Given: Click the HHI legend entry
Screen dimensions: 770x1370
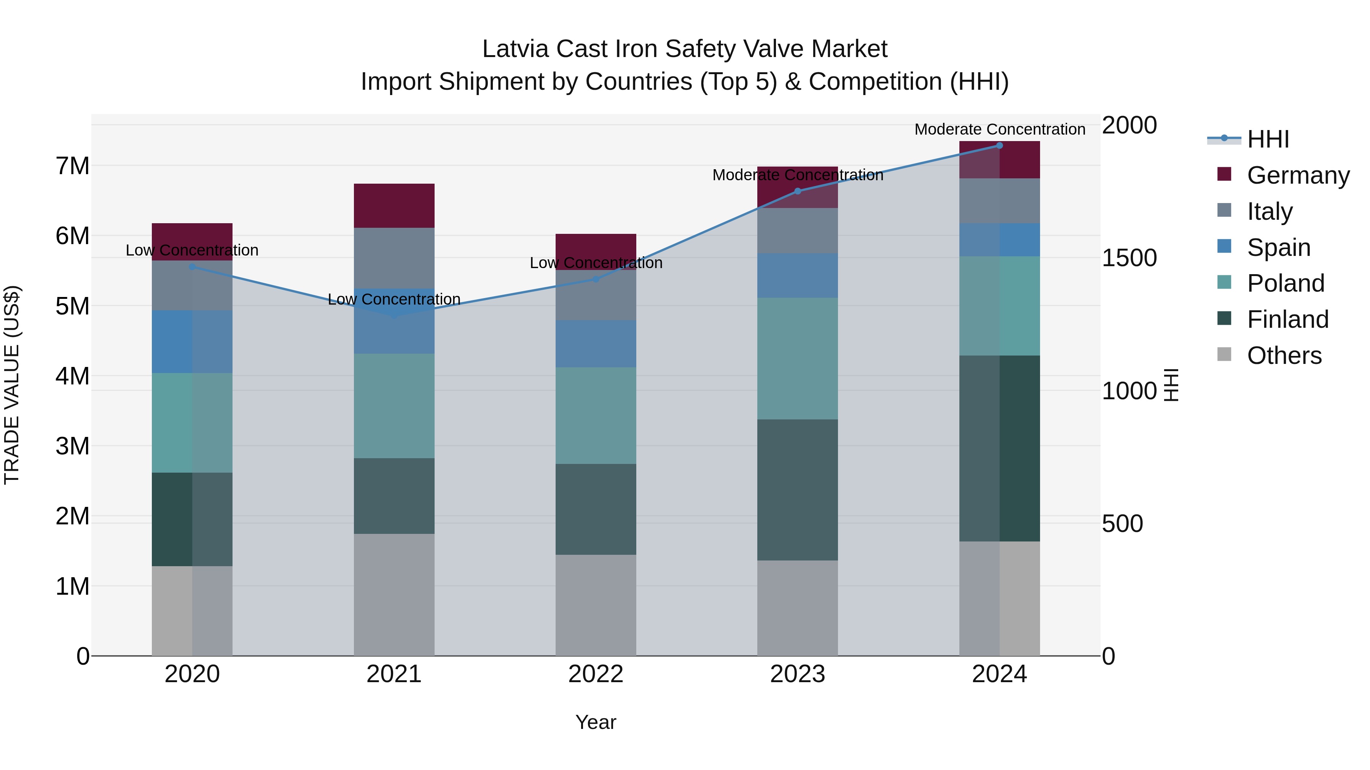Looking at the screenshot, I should click(1268, 139).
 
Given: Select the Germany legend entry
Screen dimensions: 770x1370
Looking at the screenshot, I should click(1298, 175).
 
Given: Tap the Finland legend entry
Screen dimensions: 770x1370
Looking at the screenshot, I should click(1287, 319).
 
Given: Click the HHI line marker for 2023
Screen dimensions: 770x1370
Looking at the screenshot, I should click(797, 191).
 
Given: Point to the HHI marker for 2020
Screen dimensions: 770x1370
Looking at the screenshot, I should click(193, 267).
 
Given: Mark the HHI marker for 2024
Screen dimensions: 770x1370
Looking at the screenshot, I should click(999, 146).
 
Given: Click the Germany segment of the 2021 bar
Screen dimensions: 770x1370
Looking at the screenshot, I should click(394, 206).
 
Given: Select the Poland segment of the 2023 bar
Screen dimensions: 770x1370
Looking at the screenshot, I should click(797, 359).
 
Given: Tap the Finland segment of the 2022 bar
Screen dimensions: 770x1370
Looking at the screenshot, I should click(596, 509).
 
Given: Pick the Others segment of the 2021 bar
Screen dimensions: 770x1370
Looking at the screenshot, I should click(394, 595).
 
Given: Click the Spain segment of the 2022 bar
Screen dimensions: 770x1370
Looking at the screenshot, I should click(596, 344).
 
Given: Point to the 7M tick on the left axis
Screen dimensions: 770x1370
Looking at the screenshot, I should click(72, 166).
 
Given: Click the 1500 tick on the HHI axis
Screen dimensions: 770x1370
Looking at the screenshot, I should click(1129, 258).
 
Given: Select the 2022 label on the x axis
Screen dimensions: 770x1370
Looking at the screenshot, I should click(596, 674).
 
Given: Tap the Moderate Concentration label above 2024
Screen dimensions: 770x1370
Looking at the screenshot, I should click(999, 129).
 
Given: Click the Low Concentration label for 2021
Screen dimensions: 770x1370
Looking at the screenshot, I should click(394, 299).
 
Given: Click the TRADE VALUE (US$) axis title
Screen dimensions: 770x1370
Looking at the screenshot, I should click(12, 385).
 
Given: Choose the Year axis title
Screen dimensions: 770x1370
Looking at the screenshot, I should click(596, 722).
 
